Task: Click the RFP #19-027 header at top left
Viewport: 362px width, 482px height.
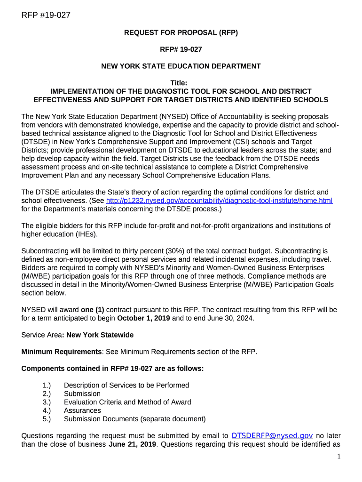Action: (46, 15)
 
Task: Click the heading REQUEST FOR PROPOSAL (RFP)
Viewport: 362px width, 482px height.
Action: (181, 32)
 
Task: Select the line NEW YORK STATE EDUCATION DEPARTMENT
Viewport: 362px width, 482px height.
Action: (181, 66)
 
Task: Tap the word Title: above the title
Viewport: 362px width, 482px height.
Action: (181, 83)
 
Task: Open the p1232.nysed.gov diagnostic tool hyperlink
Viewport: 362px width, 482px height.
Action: (220, 201)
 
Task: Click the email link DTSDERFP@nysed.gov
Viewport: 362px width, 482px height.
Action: (273, 436)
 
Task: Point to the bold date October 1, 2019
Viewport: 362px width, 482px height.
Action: (144, 318)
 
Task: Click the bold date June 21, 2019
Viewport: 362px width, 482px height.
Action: (134, 444)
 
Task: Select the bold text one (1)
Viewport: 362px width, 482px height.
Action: (93, 310)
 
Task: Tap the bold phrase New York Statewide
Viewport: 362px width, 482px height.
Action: (100, 335)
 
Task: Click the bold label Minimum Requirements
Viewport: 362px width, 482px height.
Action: (62, 352)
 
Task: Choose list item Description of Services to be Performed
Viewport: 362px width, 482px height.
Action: (126, 386)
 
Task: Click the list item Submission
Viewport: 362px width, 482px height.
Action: (82, 394)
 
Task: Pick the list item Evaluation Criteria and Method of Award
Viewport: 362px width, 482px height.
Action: (127, 402)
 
